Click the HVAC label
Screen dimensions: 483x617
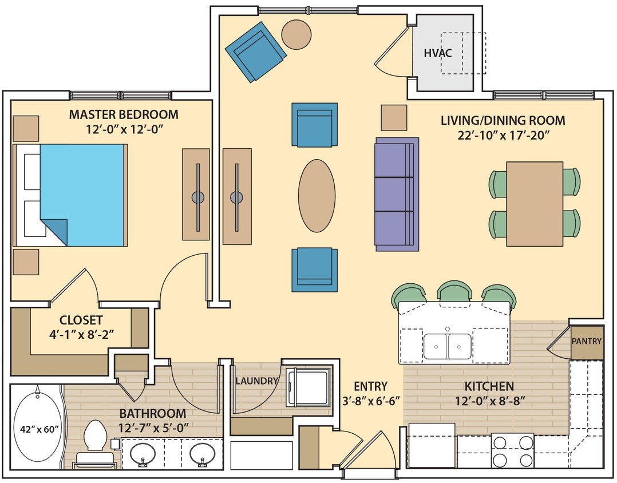(438, 53)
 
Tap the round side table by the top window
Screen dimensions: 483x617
(297, 34)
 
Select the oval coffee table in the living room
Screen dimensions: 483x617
(317, 196)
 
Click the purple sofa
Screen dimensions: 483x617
(396, 193)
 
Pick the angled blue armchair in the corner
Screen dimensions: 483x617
(256, 52)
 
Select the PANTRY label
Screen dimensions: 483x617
(587, 342)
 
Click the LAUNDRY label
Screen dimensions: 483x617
(256, 381)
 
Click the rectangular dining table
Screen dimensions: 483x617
(535, 204)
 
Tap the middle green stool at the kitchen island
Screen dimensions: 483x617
(454, 292)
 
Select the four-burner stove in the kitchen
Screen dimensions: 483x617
(513, 452)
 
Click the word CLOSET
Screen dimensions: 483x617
(81, 320)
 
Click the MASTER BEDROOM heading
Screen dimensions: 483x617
(123, 114)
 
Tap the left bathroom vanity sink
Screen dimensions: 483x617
(142, 455)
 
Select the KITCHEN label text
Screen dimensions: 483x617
(489, 386)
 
